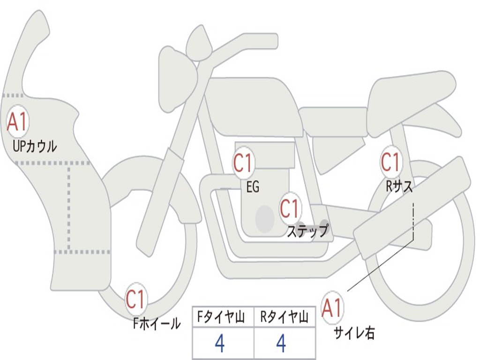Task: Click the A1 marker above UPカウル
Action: pyautogui.click(x=17, y=122)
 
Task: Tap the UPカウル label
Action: pyautogui.click(x=34, y=146)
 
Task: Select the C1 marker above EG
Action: pyautogui.click(x=243, y=163)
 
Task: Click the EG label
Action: pyautogui.click(x=252, y=187)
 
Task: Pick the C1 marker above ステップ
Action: pyautogui.click(x=289, y=208)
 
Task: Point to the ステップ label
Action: pyautogui.click(x=307, y=231)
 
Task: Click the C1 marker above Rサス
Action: pyautogui.click(x=390, y=162)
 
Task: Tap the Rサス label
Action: pyautogui.click(x=399, y=187)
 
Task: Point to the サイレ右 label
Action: pyautogui.click(x=354, y=333)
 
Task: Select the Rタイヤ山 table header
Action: pyautogui.click(x=284, y=318)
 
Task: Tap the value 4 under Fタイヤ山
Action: pyautogui.click(x=219, y=344)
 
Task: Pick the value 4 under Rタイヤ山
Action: pyautogui.click(x=281, y=344)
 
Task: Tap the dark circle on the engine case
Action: pyautogui.click(x=264, y=218)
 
